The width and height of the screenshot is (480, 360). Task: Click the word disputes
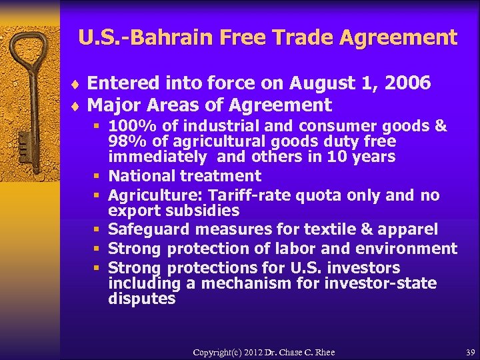141,299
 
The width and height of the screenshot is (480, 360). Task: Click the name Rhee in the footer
323,352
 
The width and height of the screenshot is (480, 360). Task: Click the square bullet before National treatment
97,177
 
